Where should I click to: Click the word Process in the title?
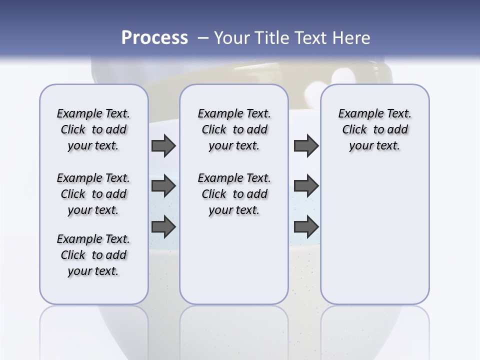154,37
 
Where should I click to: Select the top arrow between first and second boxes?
163,145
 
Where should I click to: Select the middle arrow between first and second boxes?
163,186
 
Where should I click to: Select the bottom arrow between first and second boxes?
163,227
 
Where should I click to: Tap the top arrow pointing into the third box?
306,145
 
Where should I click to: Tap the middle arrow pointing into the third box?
306,186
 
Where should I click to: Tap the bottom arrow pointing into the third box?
306,226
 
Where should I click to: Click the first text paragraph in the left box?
93,129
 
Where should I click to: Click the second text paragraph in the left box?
93,194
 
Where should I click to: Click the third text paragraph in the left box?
93,255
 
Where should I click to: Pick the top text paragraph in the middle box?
234,129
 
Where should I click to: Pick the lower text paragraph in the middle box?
234,194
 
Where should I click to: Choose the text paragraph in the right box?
374,129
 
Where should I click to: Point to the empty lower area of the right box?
374,235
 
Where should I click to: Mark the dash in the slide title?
203,38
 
